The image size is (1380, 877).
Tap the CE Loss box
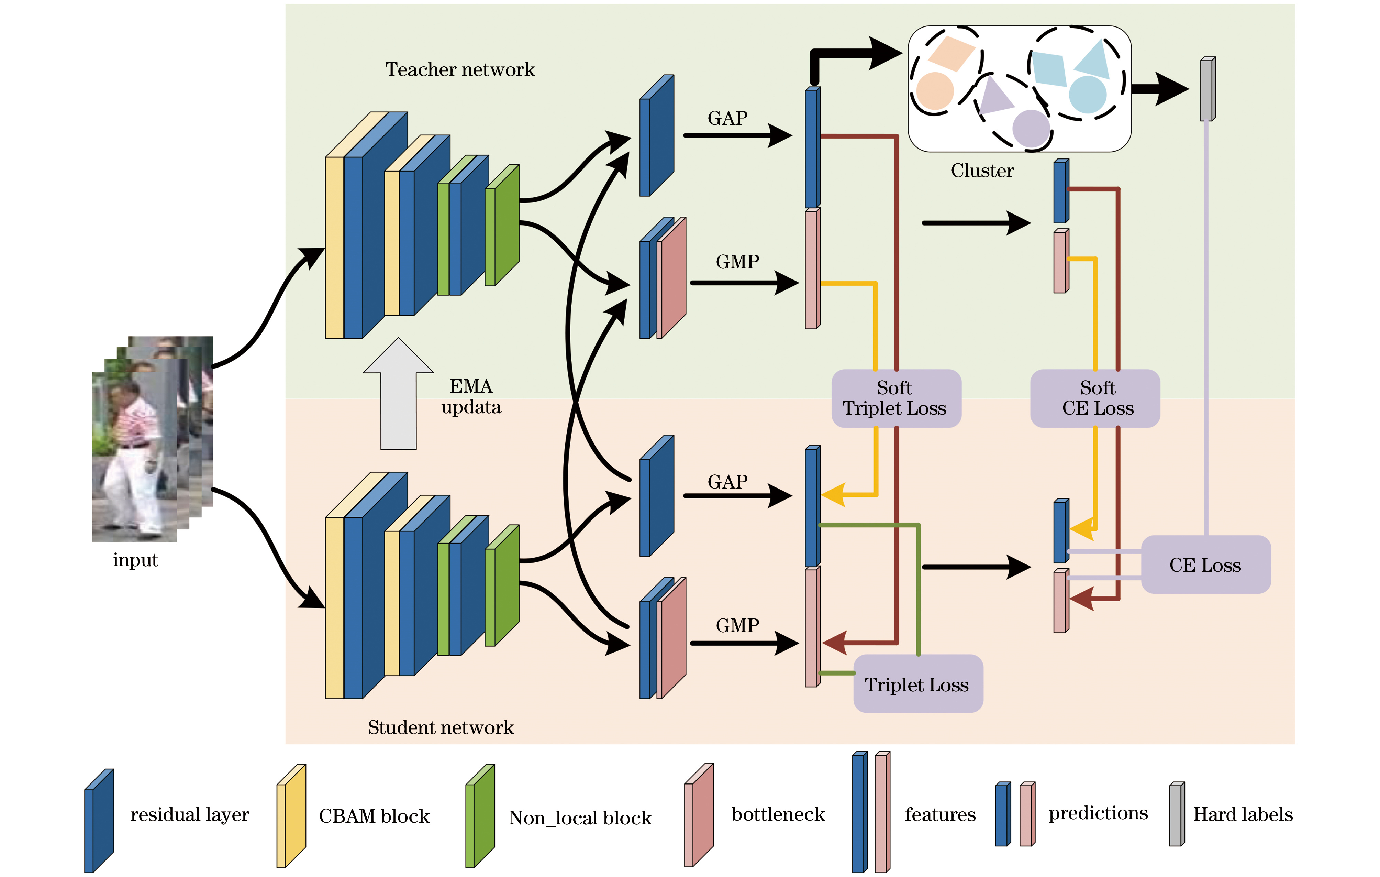pos(1205,564)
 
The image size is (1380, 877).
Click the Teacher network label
pos(460,69)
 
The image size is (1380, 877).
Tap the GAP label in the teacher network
pos(727,118)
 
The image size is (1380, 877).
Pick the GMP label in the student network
pos(737,625)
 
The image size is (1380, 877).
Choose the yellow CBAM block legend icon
pos(291,816)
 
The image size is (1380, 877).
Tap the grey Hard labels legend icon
pos(1177,814)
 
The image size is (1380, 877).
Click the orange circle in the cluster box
pos(934,90)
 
